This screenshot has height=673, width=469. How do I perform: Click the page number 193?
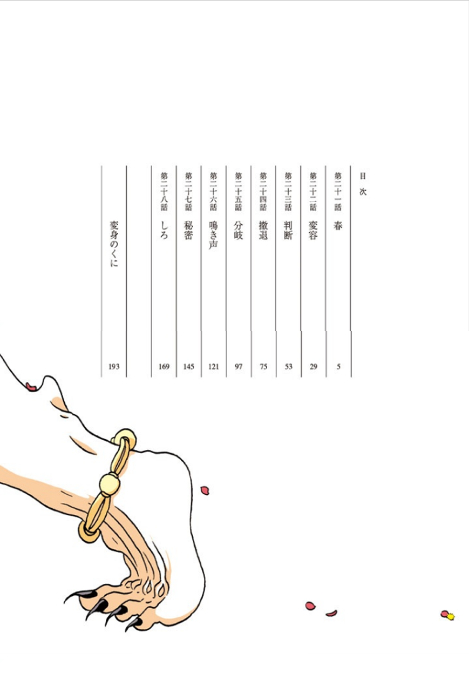click(x=114, y=367)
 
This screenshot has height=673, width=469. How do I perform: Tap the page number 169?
click(x=164, y=367)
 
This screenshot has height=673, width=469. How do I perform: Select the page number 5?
click(x=338, y=367)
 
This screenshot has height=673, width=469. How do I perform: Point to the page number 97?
click(x=239, y=367)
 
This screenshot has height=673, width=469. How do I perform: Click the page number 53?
click(x=289, y=367)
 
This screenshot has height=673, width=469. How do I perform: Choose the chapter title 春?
click(x=338, y=226)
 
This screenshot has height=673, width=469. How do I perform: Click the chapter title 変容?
click(x=313, y=231)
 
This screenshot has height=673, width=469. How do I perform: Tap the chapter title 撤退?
click(x=263, y=231)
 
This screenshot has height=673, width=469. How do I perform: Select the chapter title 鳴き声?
click(x=213, y=235)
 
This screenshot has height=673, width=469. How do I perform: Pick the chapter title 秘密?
click(x=188, y=231)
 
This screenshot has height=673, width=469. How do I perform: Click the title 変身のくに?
click(x=114, y=244)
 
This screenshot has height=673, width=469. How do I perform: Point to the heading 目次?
click(x=363, y=184)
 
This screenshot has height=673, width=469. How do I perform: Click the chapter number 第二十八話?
click(x=164, y=191)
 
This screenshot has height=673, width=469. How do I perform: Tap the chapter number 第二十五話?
click(x=239, y=191)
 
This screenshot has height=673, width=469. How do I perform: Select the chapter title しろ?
click(x=164, y=230)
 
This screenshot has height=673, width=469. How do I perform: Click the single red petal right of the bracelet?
click(x=205, y=490)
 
